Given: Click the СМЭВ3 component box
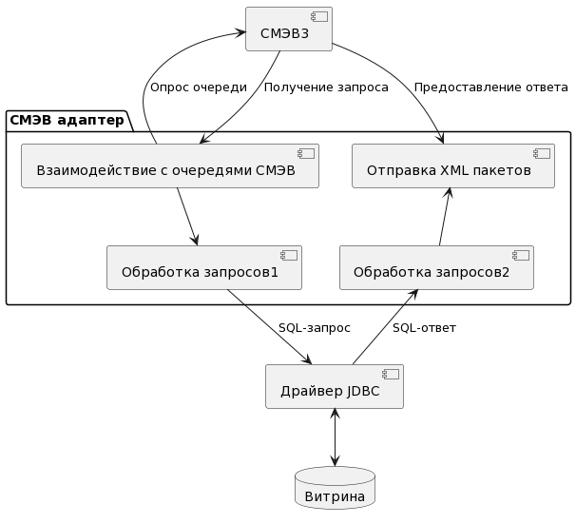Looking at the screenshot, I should pos(289,29).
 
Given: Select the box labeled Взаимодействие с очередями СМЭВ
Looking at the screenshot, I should pos(169,166).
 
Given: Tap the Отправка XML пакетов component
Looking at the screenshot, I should pos(452,166).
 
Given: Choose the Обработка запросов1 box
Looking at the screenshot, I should pos(204,268).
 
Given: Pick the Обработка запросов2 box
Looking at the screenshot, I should pos(435,268).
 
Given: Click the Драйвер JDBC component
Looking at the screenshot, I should pos(334,387).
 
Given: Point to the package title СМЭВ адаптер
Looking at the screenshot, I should pos(67,120).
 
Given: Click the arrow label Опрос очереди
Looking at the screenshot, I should pos(199,87).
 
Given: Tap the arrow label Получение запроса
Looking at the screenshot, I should pos(326,87).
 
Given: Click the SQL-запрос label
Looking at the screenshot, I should pos(314,328).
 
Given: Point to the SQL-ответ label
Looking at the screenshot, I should pos(424,328).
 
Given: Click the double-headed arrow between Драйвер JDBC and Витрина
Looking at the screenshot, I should pos(335,437).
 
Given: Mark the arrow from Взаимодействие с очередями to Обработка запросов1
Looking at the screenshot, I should pos(186,217).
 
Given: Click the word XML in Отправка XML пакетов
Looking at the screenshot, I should pos(452,171).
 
